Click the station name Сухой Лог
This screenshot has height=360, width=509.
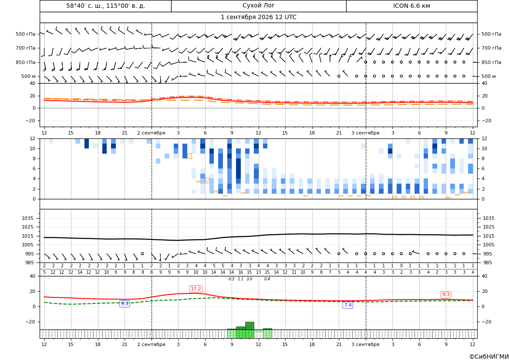258,6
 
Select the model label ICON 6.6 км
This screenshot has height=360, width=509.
411,6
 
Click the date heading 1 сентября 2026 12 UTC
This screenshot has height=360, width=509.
258,17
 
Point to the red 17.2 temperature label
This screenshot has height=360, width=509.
196,289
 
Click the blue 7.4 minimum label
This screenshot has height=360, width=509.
347,305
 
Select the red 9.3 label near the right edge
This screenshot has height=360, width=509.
446,294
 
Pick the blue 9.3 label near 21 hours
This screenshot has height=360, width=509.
125,303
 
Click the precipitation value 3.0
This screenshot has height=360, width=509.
249,279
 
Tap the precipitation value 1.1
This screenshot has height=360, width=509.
240,279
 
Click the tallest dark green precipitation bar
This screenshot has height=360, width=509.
249,326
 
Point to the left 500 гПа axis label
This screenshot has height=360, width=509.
26,34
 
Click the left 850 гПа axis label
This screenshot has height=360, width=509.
26,62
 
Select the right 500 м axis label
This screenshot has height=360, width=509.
489,76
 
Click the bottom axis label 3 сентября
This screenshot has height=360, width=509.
365,344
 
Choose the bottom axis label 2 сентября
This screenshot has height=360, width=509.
151,344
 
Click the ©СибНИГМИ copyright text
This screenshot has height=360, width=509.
489,357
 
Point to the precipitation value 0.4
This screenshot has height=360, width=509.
267,279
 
